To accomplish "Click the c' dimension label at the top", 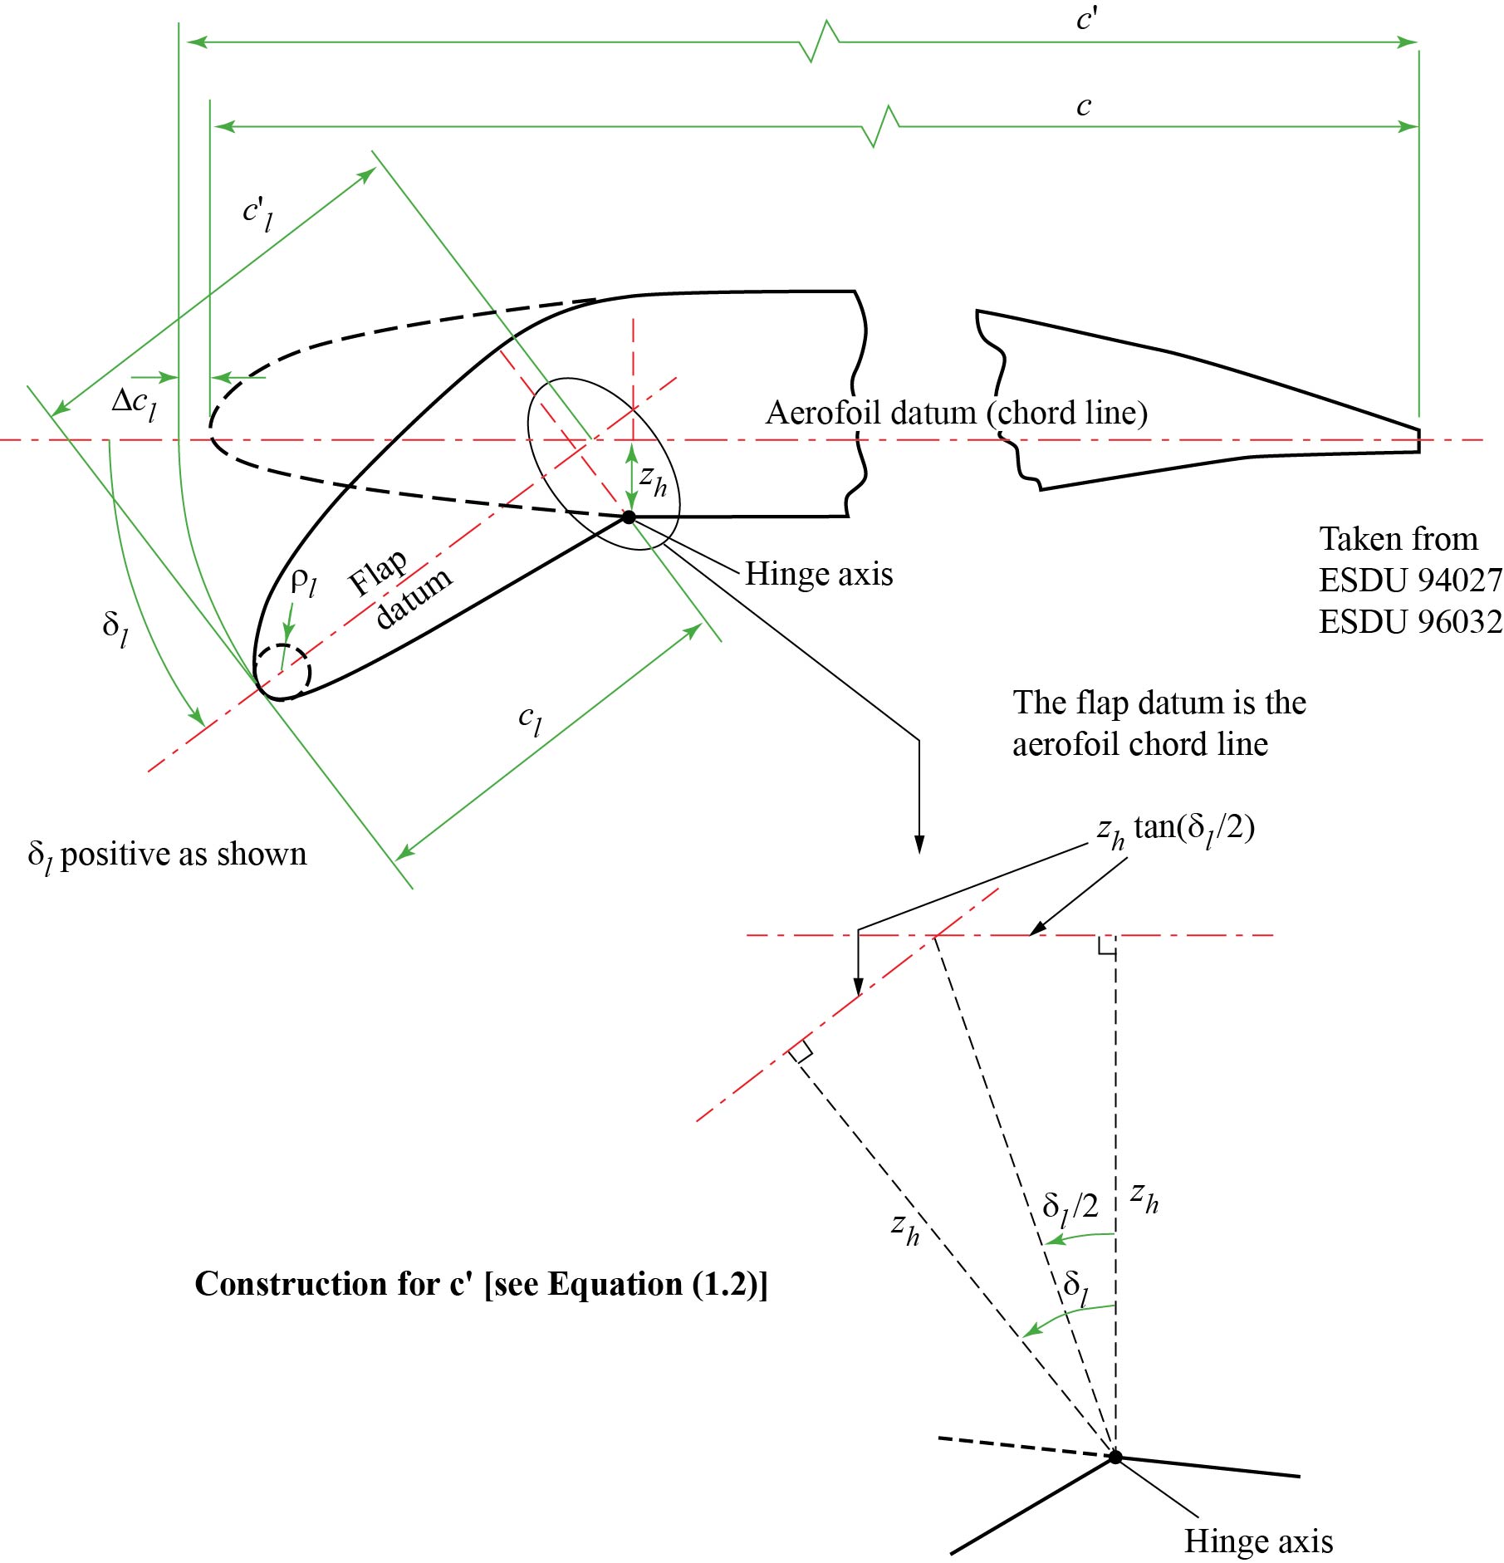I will [x=1085, y=18].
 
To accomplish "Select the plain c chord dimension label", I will [x=1083, y=106].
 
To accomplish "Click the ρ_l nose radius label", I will [x=303, y=581].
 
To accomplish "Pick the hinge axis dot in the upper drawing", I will [x=629, y=517].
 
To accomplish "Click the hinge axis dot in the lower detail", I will [x=1115, y=1457].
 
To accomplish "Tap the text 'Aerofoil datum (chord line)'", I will [x=956, y=413].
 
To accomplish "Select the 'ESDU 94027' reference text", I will [x=1410, y=580].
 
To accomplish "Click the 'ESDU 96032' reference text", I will [x=1410, y=621].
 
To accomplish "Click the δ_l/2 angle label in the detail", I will [x=1070, y=1207].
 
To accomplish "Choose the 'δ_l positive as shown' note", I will [x=167, y=855].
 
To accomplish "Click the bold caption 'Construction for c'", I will [x=481, y=1284].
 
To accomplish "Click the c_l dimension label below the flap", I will [x=530, y=719].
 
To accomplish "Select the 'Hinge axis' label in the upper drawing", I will [x=818, y=574].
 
